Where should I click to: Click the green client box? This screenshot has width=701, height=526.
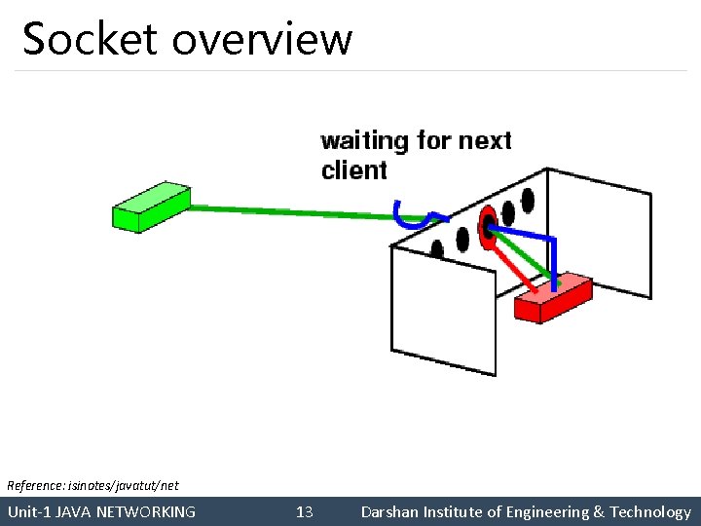click(150, 207)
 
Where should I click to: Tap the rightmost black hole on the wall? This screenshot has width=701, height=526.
click(528, 202)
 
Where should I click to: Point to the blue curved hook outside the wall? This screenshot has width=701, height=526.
click(410, 215)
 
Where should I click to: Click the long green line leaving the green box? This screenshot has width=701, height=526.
click(282, 210)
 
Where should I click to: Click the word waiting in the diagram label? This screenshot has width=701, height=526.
click(365, 141)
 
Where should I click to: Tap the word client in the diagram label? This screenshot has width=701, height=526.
click(354, 170)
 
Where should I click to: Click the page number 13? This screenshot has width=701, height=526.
click(304, 512)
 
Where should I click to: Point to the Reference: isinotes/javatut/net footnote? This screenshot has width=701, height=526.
click(93, 484)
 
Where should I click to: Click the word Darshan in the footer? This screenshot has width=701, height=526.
click(391, 512)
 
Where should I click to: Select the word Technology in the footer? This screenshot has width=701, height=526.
click(650, 512)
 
